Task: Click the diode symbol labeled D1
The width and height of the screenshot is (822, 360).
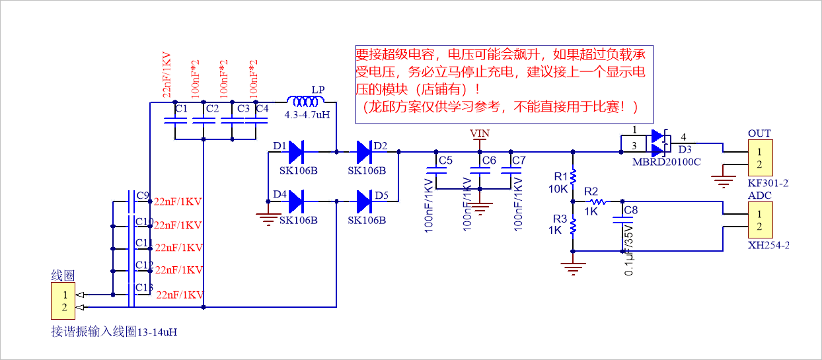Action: point(295,152)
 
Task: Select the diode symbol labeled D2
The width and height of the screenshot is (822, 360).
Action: point(364,152)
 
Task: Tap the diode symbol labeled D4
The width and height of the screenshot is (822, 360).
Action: point(295,199)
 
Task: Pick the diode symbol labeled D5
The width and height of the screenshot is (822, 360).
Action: point(364,199)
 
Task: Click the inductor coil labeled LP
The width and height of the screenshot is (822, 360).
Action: point(305,102)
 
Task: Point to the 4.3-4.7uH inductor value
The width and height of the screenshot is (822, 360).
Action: point(305,115)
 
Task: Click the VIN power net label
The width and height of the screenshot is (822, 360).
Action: point(480,133)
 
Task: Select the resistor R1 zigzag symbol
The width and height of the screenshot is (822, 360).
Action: point(573,176)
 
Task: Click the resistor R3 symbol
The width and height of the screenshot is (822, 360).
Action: point(573,226)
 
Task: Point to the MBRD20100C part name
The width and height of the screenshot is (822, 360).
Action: point(665,162)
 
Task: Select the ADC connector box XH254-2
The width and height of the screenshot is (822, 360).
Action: point(759,221)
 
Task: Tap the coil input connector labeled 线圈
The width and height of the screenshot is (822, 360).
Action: point(64,301)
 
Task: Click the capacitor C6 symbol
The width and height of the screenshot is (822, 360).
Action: point(480,170)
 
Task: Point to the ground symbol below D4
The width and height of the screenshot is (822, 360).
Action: point(268,219)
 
